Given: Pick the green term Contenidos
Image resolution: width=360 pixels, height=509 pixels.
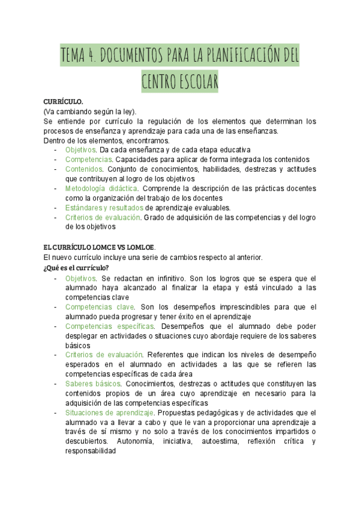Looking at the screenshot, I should pos(84,169).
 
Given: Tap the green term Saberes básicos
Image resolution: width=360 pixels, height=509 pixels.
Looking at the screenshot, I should pos(92,384).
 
